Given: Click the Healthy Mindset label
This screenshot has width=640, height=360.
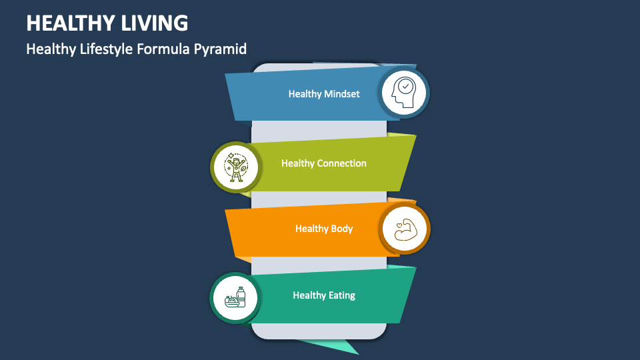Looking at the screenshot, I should point(324,94).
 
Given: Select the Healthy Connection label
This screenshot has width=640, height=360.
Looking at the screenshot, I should point(324,163).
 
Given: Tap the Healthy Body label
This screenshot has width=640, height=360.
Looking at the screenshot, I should point(324,229).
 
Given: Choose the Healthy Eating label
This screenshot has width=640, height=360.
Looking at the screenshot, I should point(324,295).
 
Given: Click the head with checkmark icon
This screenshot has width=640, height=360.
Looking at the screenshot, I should point(404,93).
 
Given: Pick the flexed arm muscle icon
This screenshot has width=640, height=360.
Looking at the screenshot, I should point(405,229).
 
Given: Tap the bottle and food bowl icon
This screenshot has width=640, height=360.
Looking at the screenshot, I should point(235,297).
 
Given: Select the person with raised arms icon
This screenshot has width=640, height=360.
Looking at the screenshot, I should point(235,167).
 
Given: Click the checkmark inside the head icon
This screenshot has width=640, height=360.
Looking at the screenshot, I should point(406,87).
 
